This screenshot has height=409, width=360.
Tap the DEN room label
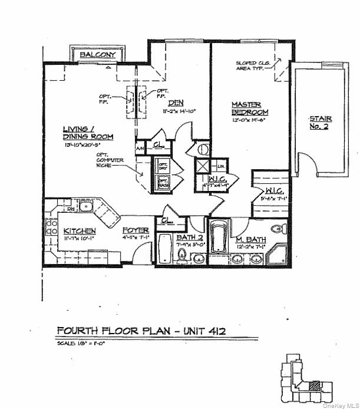[159, 103]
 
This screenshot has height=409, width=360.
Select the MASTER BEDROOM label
[250, 108]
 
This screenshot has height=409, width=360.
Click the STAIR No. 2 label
[321, 123]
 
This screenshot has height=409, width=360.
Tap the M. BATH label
[252, 240]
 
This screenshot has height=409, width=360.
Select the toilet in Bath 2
[181, 255]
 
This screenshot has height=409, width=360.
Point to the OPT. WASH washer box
[163, 183]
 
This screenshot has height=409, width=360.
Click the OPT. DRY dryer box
[163, 166]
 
